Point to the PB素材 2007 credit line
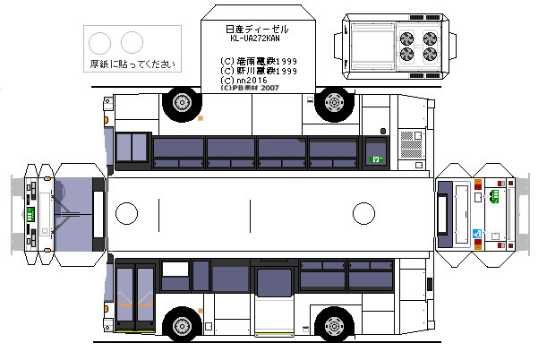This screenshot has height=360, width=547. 254,89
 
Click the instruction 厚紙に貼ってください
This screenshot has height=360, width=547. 132,64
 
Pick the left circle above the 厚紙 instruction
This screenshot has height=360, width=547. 101,41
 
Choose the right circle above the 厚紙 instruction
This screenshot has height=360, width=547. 132,41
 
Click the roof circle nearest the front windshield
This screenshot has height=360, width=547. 127,214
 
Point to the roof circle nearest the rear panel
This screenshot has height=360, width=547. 363,214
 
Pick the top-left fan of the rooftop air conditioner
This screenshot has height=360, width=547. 407,39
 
